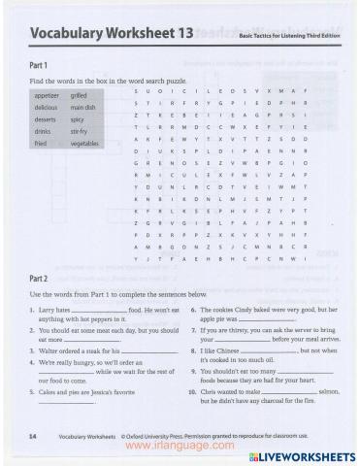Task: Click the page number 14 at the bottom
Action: [x=34, y=438]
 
